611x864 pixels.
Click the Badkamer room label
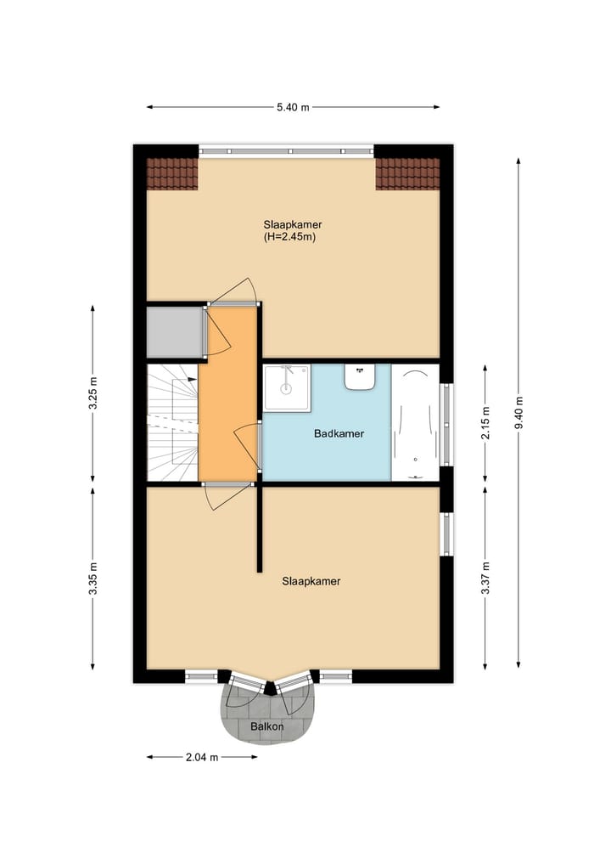point(339,433)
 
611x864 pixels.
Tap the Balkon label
point(266,728)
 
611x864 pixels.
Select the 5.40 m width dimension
point(293,107)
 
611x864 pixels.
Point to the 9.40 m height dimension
point(519,414)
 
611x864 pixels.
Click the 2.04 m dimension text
point(201,757)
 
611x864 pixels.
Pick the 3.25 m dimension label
point(93,393)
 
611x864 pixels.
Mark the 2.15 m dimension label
point(485,423)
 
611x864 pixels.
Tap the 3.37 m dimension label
point(485,577)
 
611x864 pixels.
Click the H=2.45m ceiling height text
point(290,237)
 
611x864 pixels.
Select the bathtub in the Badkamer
point(416,422)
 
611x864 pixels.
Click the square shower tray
point(287,387)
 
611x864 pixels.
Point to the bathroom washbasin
point(361,376)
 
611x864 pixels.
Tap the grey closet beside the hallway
point(174,332)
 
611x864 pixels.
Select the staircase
point(172,422)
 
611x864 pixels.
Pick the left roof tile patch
point(172,174)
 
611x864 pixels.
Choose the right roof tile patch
point(407,174)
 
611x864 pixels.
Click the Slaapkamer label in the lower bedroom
point(311,582)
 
